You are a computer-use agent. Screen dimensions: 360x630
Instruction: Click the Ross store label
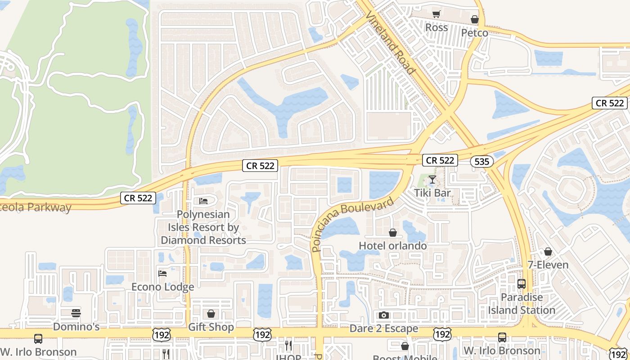(436, 27)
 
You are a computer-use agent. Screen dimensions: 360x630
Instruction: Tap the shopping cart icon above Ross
(436, 14)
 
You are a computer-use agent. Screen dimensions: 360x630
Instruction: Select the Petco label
(474, 33)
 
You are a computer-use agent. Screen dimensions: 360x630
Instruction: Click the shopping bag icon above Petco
(474, 19)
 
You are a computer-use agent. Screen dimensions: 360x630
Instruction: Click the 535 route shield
(481, 162)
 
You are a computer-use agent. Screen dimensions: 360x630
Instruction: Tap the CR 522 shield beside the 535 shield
(440, 160)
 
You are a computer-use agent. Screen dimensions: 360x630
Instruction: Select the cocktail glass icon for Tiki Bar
(432, 180)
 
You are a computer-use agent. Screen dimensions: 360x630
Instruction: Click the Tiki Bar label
(432, 193)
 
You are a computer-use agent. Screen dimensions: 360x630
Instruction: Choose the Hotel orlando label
(393, 246)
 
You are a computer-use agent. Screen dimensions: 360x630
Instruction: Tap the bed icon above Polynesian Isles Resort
(203, 201)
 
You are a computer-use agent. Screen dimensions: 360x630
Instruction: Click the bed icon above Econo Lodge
(162, 273)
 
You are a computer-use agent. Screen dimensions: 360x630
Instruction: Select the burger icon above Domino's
(76, 313)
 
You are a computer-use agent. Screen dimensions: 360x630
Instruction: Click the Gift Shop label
(211, 327)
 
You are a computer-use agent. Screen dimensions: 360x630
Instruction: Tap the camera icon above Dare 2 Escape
(384, 315)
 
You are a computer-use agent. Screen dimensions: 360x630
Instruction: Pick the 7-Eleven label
(548, 265)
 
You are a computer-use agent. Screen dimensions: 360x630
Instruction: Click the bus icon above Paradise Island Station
(522, 284)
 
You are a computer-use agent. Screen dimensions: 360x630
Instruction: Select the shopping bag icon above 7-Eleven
(548, 251)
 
